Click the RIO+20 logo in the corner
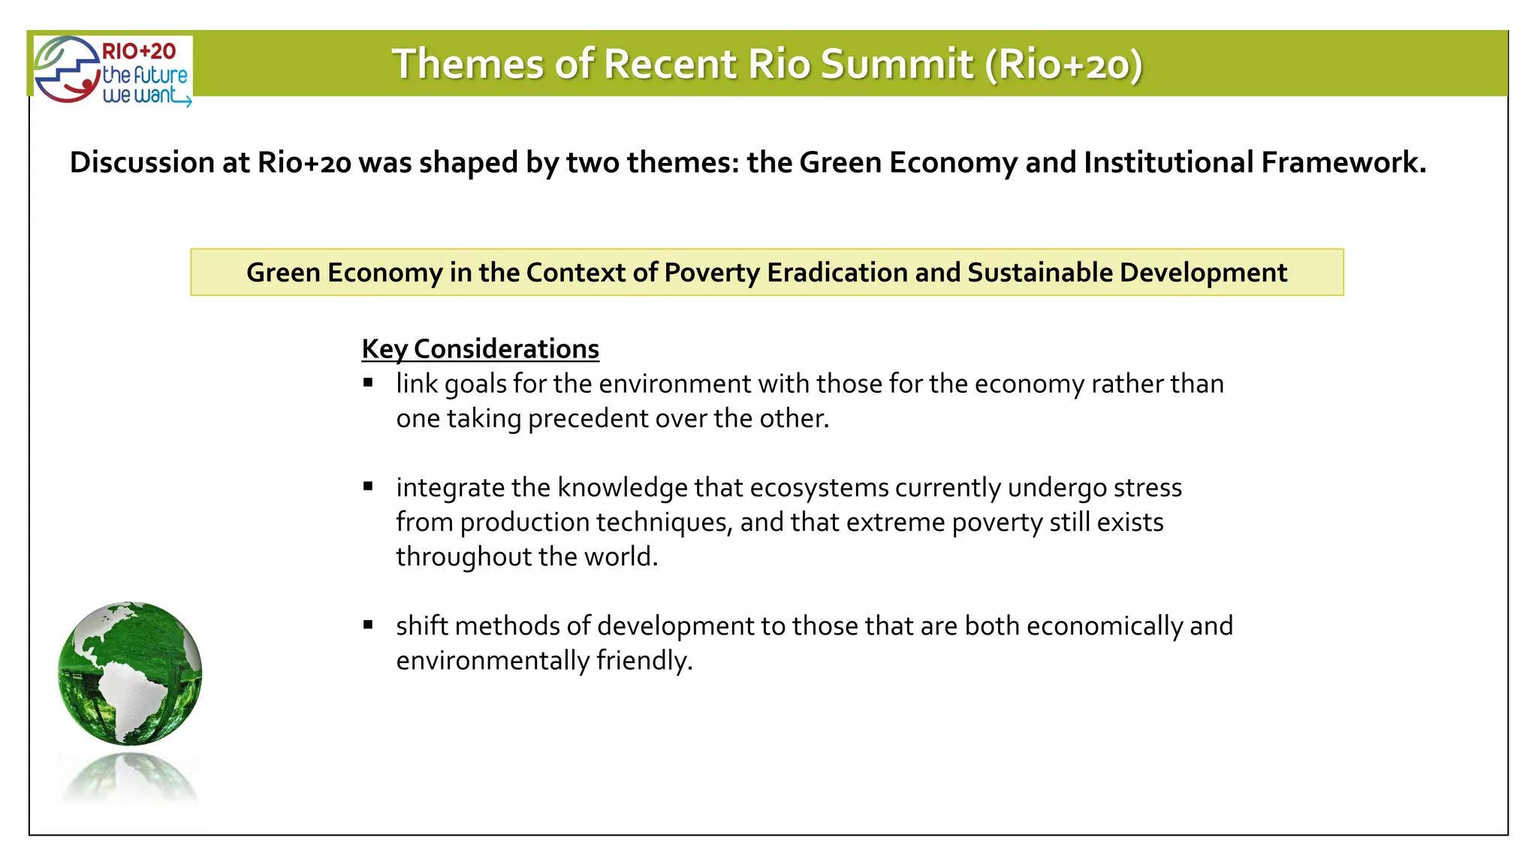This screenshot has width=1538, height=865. tap(113, 71)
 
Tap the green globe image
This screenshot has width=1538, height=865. tap(130, 673)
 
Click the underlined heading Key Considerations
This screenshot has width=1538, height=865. tap(480, 349)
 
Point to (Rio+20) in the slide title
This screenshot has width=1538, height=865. tap(1064, 64)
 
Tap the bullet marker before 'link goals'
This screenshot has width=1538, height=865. tap(368, 383)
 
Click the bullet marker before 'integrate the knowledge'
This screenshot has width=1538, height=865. tap(368, 487)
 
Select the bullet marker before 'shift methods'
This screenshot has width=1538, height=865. tap(368, 625)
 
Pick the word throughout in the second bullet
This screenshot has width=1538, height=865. tap(463, 557)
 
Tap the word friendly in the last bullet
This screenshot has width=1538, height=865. tap(644, 661)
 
